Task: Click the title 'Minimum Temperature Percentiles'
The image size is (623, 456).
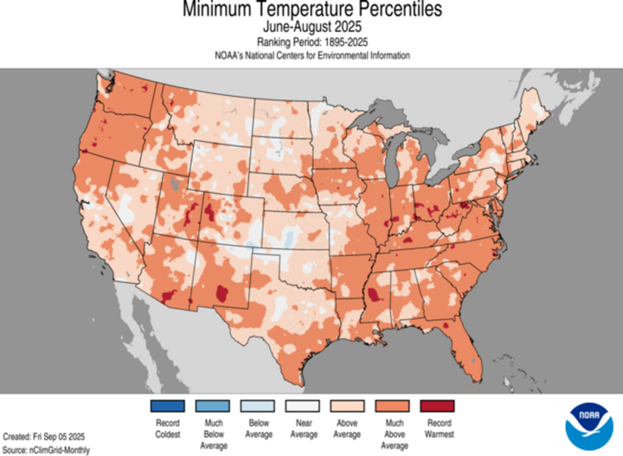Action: click(x=312, y=10)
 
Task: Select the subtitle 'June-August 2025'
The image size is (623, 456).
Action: click(x=312, y=27)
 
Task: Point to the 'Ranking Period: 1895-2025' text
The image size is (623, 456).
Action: click(x=312, y=42)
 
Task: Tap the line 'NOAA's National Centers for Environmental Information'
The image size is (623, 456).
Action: click(x=312, y=55)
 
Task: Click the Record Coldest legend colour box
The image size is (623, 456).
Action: click(x=168, y=406)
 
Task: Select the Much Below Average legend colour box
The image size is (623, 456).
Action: click(x=215, y=406)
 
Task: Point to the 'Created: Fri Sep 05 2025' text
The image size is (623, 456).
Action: click(x=45, y=437)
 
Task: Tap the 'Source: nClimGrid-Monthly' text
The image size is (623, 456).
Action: click(x=46, y=450)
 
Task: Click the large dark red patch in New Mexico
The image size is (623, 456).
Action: click(x=226, y=294)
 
